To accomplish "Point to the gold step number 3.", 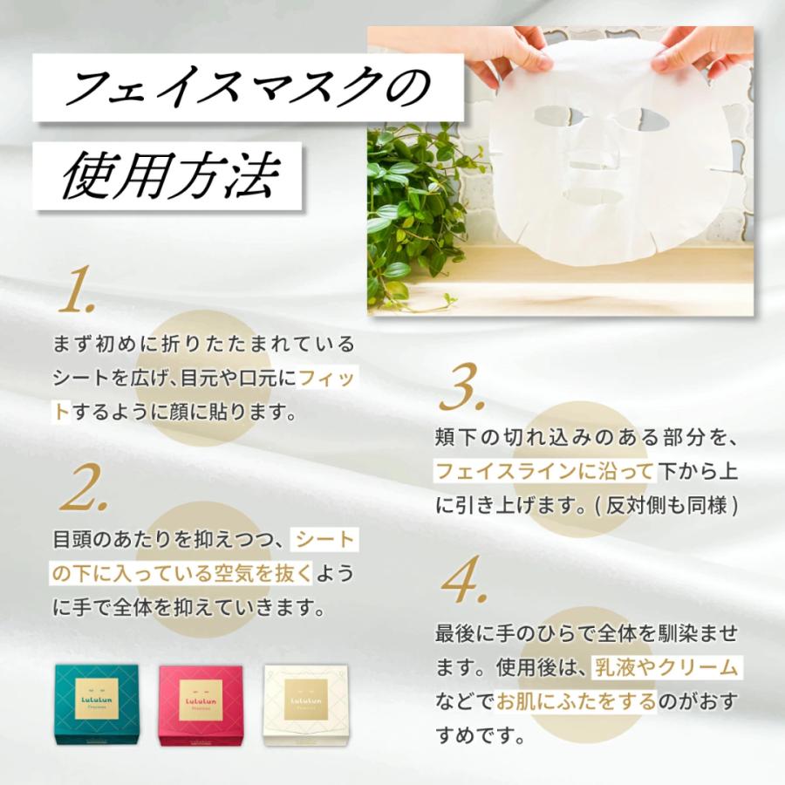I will pos(461,388).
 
